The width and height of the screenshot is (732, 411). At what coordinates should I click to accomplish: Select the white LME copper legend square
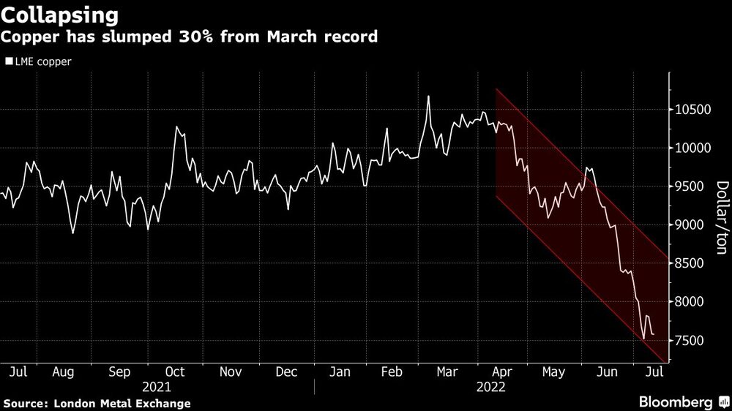click(9, 62)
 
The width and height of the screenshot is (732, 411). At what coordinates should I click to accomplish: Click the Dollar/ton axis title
click(722, 218)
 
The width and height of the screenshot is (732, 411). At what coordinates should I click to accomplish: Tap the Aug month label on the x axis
click(63, 372)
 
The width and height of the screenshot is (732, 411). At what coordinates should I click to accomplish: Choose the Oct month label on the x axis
click(176, 372)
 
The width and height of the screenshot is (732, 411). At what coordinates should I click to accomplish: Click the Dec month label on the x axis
click(286, 372)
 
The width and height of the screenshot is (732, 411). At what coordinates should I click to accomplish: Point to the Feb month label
click(392, 372)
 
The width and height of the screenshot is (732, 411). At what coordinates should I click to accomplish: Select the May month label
click(553, 372)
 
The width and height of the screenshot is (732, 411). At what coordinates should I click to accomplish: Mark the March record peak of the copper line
click(428, 96)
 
